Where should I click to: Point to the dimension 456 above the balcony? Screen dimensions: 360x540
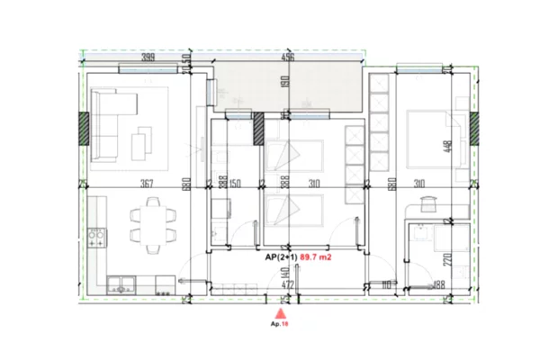pos(287,58)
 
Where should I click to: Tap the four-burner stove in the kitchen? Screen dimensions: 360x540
pos(97,240)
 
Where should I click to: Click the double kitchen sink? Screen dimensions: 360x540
pos(120,287)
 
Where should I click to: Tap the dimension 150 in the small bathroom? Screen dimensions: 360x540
pos(235,184)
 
